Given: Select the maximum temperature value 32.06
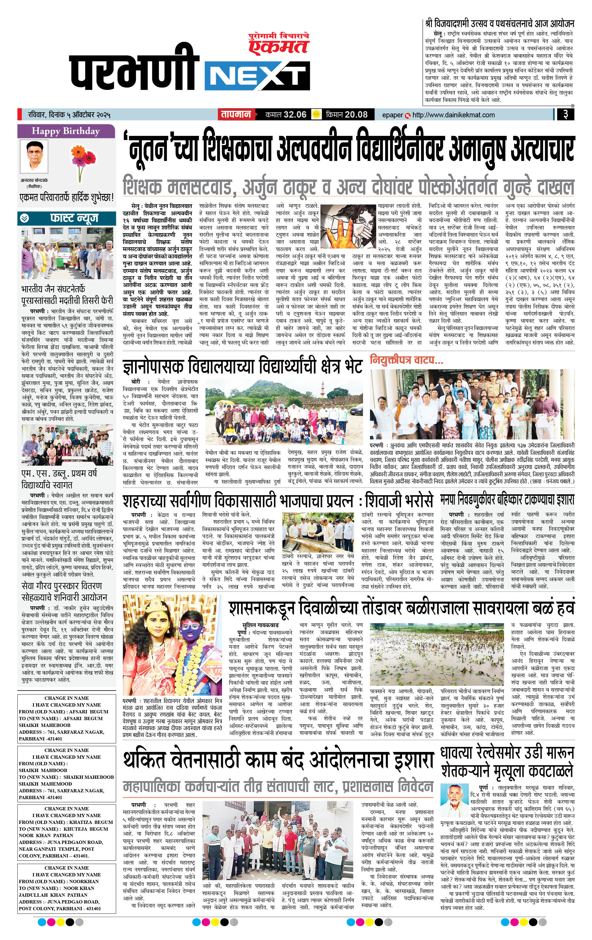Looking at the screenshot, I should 295,114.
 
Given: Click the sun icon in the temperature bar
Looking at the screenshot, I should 316,114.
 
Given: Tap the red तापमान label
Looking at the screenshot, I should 236,114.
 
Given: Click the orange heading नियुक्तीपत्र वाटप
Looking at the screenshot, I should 406,360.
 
